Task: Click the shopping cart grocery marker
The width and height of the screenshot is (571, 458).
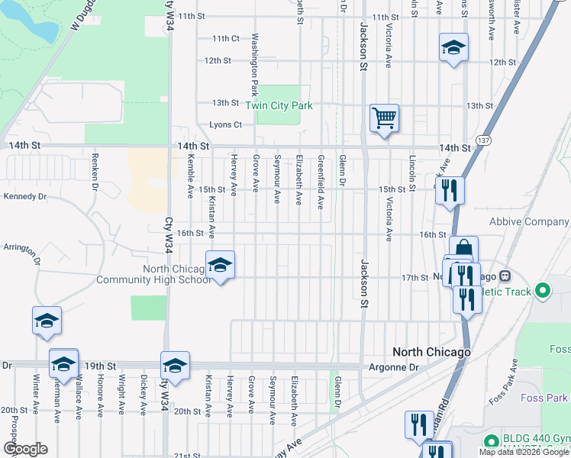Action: [384, 119]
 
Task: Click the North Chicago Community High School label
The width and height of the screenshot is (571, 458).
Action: [153, 274]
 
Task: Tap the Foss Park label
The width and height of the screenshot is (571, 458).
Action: [544, 398]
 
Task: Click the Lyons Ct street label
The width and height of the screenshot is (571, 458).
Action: [225, 125]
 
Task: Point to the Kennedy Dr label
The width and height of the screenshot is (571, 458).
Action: [25, 196]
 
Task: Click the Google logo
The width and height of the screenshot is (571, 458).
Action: [24, 449]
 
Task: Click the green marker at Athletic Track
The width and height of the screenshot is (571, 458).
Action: [543, 290]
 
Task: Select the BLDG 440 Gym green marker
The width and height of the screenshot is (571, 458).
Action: [491, 441]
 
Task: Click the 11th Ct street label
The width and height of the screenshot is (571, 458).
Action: [226, 38]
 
